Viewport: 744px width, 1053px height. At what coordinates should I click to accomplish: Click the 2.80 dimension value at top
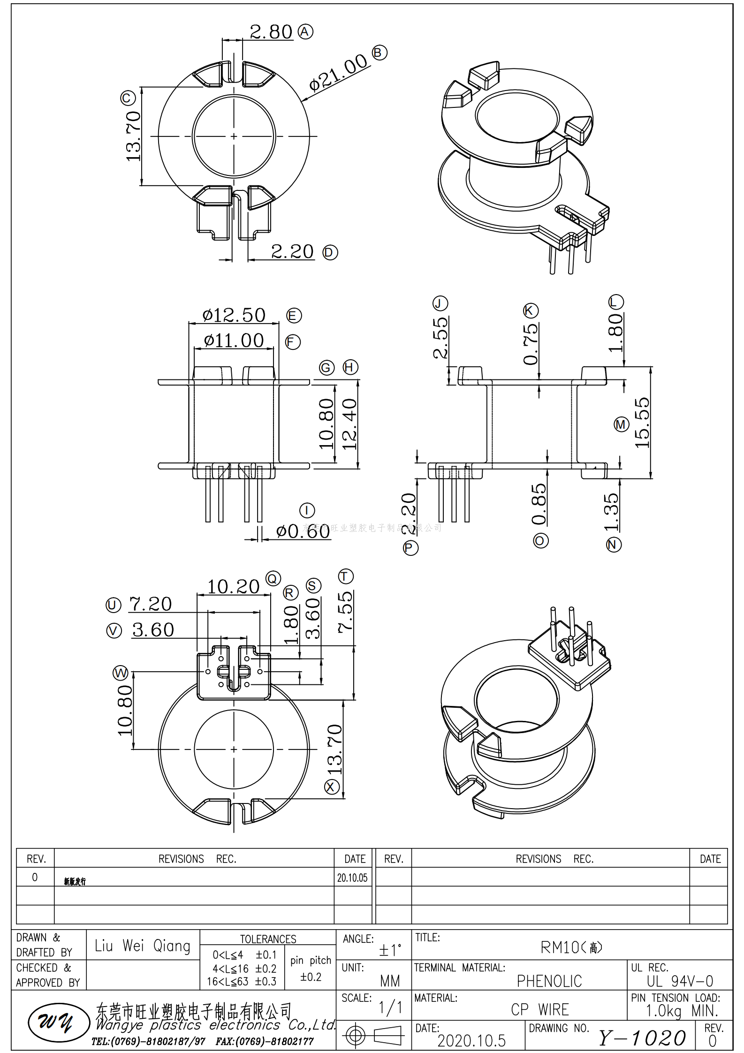coord(271,32)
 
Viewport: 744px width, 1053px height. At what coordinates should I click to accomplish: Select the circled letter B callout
coord(379,52)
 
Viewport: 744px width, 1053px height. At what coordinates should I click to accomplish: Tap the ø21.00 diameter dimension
coord(338,72)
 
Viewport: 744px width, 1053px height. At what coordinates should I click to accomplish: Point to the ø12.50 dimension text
coord(234,315)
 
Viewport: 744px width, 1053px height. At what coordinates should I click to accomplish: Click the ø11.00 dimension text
coord(234,340)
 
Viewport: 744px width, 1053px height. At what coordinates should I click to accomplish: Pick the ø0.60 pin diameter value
coord(303,531)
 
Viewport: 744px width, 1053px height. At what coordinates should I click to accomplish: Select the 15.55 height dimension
coord(642,423)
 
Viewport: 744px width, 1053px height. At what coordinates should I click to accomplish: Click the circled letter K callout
coord(531,311)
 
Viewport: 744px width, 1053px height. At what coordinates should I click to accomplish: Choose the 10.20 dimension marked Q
coord(233,586)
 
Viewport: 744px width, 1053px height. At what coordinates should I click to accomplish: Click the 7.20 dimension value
coord(150,604)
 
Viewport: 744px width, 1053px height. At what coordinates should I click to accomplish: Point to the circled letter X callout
coord(332,787)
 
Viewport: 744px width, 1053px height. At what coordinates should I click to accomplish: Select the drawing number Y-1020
coord(642,1038)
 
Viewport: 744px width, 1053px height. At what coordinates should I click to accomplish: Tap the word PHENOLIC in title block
coord(549,981)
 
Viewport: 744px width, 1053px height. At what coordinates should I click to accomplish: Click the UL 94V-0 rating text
coord(680,981)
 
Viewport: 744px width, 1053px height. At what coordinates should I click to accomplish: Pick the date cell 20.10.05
coord(352,878)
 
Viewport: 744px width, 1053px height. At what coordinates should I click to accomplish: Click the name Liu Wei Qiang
coord(143,946)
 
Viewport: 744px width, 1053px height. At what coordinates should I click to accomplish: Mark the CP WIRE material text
coord(539,1009)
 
